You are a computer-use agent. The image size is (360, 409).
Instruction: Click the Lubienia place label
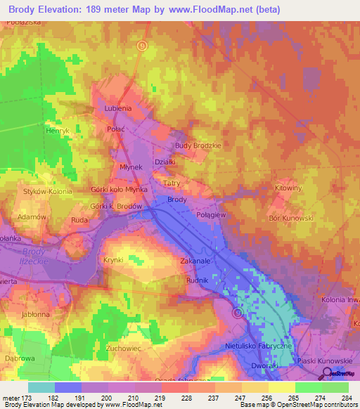click(117, 109)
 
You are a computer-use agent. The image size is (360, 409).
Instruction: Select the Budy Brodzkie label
click(198, 145)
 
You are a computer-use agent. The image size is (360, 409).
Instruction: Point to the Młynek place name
click(131, 167)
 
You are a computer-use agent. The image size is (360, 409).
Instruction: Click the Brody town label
click(177, 200)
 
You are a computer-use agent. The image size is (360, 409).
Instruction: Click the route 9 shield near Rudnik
click(238, 313)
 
